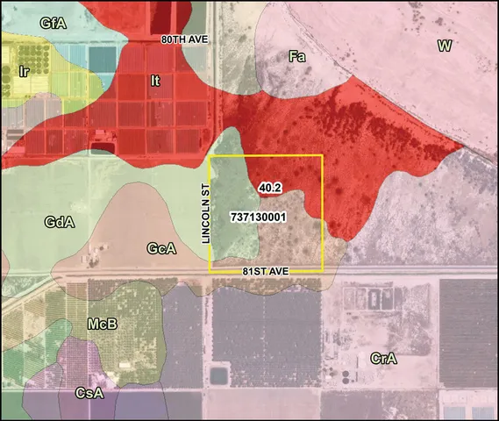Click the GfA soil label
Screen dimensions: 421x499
53,24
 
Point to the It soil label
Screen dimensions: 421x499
155,81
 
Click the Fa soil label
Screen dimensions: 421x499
297,56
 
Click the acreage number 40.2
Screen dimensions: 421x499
269,187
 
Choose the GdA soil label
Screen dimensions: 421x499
60,223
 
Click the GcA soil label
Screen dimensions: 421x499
161,249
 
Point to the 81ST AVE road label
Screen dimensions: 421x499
267,272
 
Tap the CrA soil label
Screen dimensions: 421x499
384,358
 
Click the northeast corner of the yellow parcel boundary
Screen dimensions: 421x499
323,155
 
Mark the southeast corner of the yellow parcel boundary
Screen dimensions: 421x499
323,270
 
